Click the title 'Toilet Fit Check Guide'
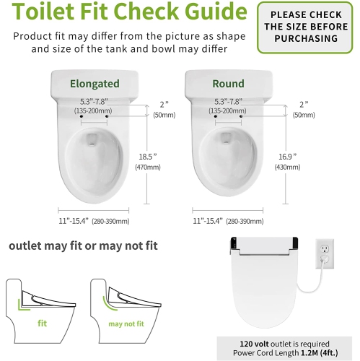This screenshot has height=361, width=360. (x=125, y=13)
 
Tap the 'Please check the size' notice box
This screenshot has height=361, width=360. (x=307, y=27)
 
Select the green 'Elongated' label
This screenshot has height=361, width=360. (x=95, y=83)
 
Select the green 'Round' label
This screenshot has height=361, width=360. (x=228, y=83)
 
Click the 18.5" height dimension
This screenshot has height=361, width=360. (x=146, y=155)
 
